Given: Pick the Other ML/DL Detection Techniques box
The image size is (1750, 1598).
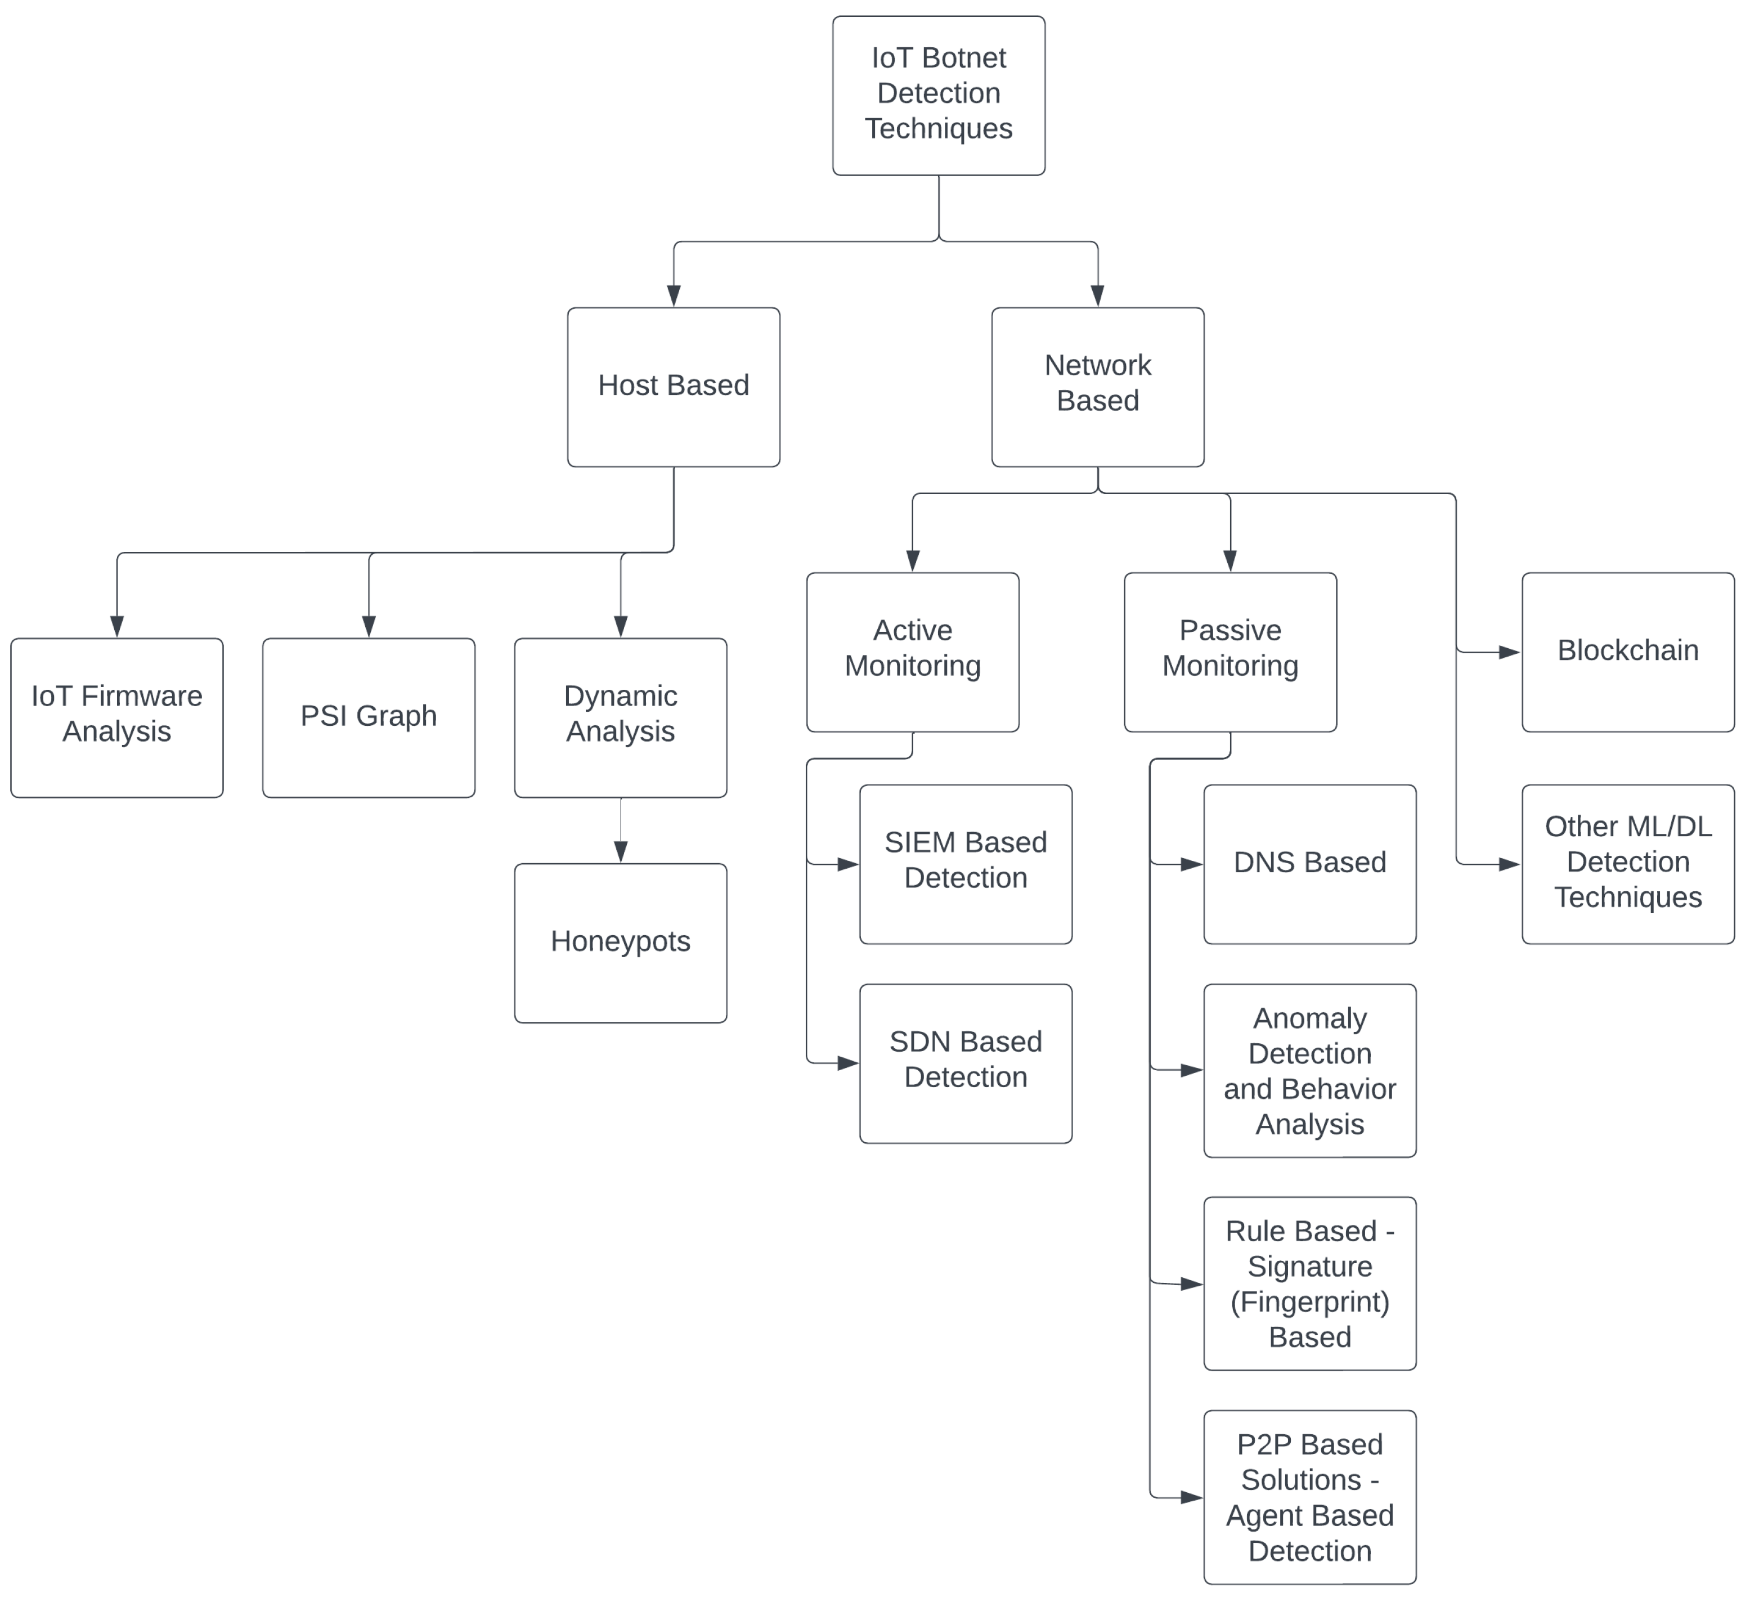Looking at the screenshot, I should (x=1627, y=864).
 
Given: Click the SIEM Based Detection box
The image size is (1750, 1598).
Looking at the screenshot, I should (x=965, y=864).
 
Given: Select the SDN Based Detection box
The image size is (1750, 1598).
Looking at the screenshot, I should (x=965, y=1063).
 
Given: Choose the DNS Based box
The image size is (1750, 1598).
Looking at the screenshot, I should (x=1310, y=864).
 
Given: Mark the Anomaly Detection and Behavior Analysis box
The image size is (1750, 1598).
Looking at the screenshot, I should (x=1310, y=1070).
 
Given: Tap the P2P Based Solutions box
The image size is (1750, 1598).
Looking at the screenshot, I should (x=1310, y=1497).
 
